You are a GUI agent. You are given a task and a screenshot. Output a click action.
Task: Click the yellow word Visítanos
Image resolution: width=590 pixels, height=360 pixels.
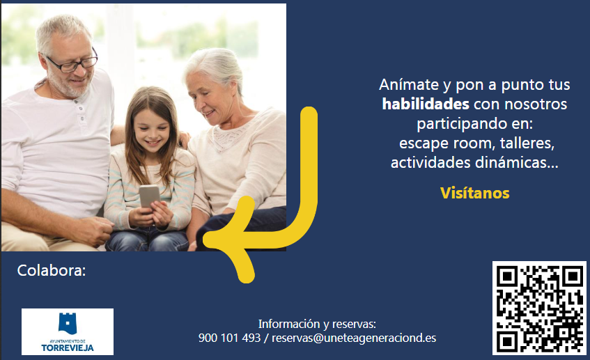coord(475,193)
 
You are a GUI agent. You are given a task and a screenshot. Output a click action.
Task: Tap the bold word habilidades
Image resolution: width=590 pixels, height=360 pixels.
coord(426,104)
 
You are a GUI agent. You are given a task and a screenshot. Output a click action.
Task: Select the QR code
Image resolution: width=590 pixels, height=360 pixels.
coord(539,308)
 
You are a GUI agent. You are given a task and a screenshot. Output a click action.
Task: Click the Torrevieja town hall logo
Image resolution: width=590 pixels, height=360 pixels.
coord(68,331)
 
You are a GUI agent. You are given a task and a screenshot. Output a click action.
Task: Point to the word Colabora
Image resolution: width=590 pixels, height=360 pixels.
coord(52,270)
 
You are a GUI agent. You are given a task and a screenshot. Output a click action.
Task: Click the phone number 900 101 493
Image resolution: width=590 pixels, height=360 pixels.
coord(230,338)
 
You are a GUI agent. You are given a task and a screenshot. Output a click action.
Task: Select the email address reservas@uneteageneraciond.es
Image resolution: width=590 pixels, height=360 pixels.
coord(354,338)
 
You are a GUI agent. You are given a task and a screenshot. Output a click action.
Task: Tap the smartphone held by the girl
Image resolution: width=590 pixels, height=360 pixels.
coord(149,196)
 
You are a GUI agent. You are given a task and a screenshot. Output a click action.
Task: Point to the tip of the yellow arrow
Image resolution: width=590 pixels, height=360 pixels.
coord(205,240)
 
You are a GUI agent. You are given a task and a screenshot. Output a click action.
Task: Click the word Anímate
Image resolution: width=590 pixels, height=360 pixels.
coord(409,85)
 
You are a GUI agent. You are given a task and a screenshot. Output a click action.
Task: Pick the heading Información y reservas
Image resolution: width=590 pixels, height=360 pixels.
coord(317,324)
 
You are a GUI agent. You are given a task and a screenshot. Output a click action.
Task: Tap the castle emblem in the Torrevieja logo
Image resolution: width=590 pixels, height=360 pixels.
coord(68,323)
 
